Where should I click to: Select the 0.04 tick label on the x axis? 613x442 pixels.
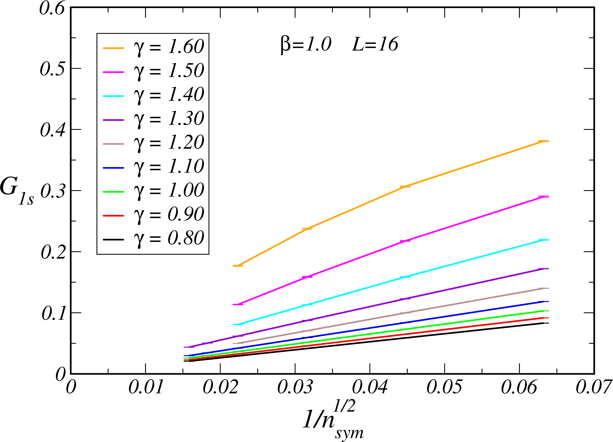pos(370,387)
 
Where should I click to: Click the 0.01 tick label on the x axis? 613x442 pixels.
pos(146,387)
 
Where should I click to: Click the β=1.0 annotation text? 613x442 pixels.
pos(306,44)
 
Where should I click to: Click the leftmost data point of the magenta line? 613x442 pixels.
pos(238,304)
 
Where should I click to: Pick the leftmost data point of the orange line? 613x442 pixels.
pos(238,266)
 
